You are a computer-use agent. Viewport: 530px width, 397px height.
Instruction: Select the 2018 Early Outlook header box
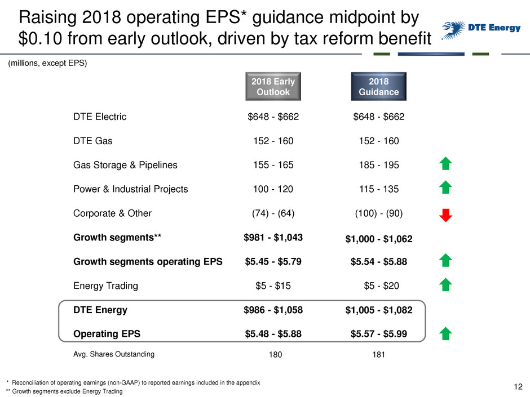coord(273,86)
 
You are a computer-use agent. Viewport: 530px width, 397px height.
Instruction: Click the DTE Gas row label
coord(92,141)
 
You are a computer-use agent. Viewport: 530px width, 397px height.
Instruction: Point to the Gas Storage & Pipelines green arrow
coord(445,164)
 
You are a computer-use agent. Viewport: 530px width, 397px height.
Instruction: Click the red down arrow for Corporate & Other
coord(445,215)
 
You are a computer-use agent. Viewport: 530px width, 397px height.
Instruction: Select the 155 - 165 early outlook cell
coord(273,166)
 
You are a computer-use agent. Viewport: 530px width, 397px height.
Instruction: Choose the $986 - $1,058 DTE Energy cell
coord(273,310)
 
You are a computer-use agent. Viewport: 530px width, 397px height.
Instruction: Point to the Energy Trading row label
coord(105,286)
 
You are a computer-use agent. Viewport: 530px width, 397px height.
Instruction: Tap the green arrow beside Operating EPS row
coord(445,334)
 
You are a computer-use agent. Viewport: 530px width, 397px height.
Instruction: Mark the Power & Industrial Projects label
coord(130,189)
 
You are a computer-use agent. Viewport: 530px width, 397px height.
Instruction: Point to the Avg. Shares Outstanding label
coord(113,355)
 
